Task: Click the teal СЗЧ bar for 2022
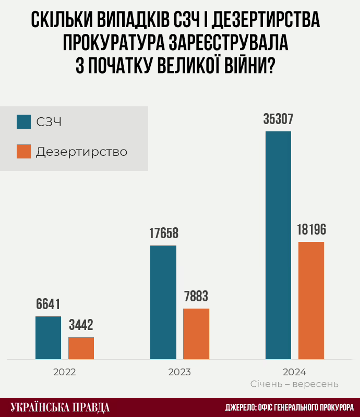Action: pyautogui.click(x=48, y=337)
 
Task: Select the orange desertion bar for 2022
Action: pyautogui.click(x=81, y=348)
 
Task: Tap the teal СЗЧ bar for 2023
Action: pyautogui.click(x=163, y=302)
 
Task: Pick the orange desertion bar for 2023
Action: pyautogui.click(x=196, y=334)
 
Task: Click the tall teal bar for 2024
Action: pyautogui.click(x=278, y=245)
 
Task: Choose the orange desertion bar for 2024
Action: pyautogui.click(x=311, y=300)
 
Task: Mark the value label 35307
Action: pyautogui.click(x=278, y=119)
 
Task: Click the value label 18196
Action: pyautogui.click(x=311, y=230)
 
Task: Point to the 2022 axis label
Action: pyautogui.click(x=64, y=373)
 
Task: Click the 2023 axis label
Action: pyautogui.click(x=179, y=373)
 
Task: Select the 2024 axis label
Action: pyautogui.click(x=294, y=373)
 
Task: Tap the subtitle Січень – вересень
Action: pyautogui.click(x=294, y=384)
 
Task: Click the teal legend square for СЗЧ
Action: pyautogui.click(x=24, y=121)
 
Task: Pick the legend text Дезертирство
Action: pyautogui.click(x=81, y=152)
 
